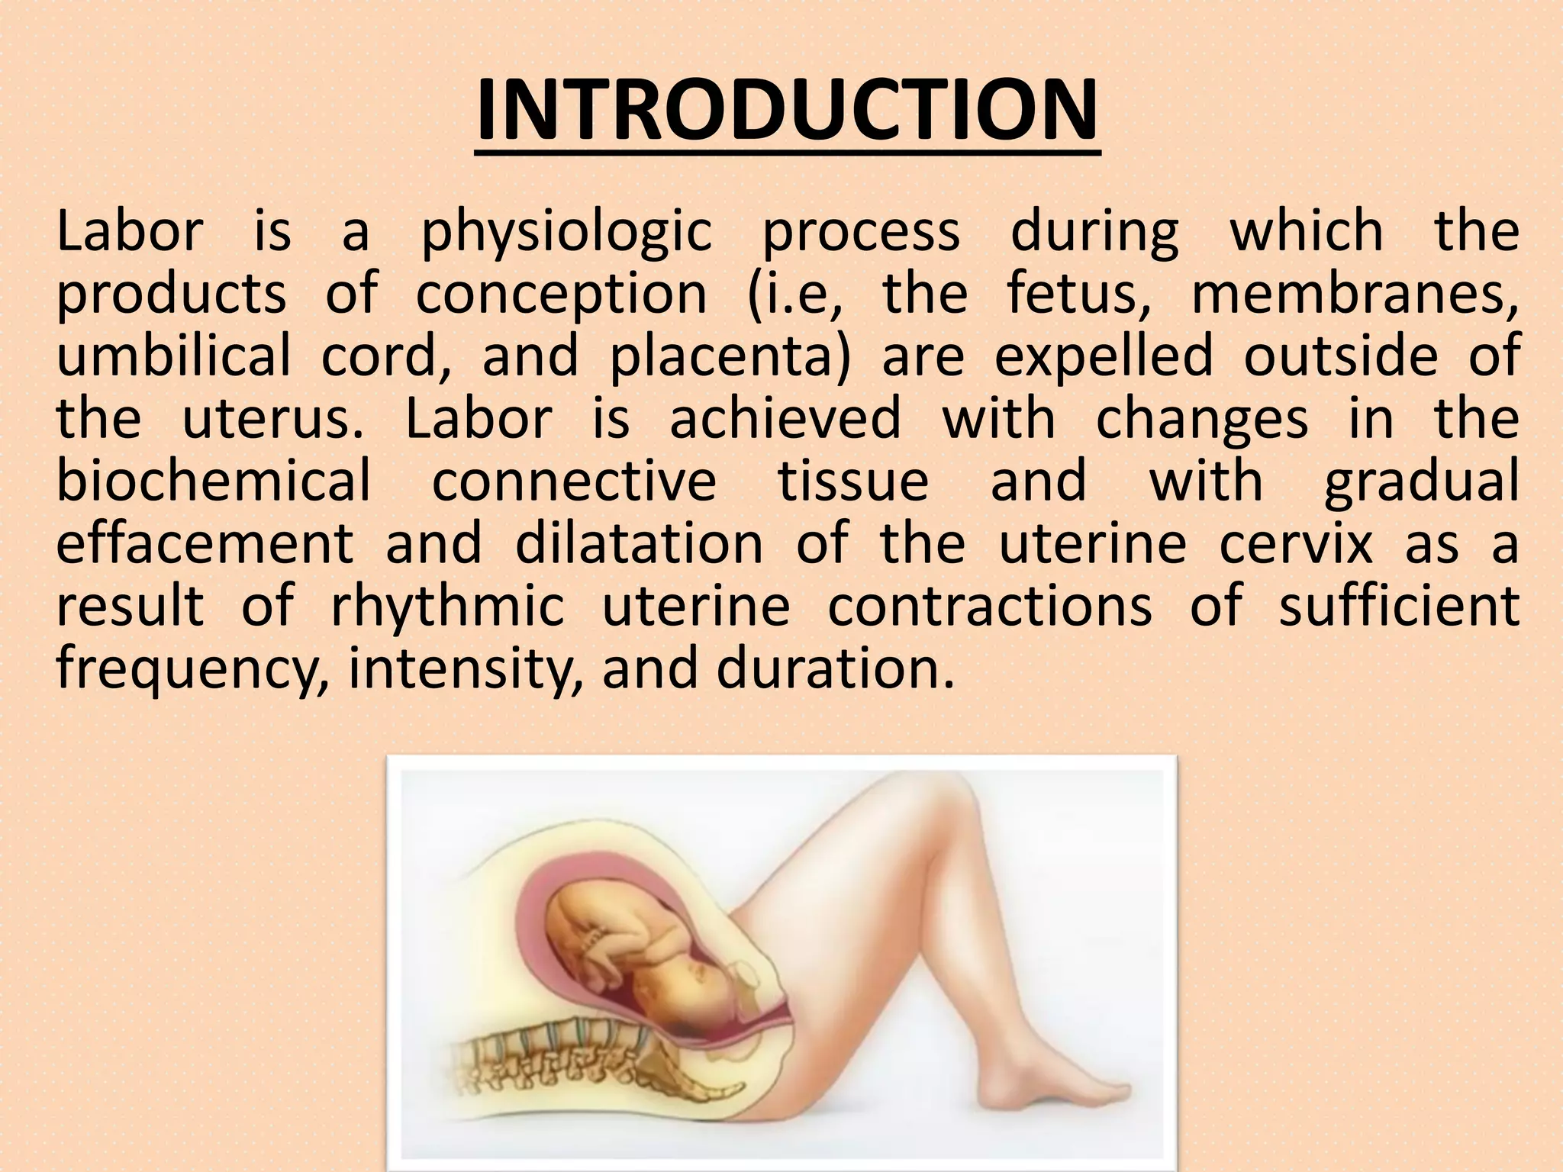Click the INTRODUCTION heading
coord(787,113)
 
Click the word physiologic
coord(567,233)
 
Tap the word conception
coord(561,295)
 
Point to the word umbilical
coord(173,356)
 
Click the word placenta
coord(729,357)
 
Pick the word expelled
coord(1104,356)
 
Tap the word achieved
coord(785,419)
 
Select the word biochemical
coord(213,481)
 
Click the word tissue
coord(852,481)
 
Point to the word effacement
coord(205,543)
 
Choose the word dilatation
coord(639,543)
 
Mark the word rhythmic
coord(447,606)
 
